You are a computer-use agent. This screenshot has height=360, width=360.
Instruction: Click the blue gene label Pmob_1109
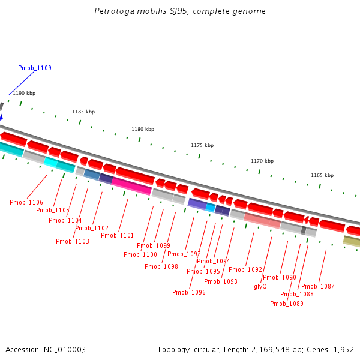point(34,68)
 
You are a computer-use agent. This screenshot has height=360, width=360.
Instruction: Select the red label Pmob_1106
point(26,202)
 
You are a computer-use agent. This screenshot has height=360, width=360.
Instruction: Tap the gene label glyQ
point(260,286)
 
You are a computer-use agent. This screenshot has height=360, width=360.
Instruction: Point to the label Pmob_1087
point(318,286)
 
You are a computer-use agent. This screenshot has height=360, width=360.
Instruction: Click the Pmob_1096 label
point(189,292)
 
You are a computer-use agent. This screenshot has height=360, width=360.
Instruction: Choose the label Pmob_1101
point(118,235)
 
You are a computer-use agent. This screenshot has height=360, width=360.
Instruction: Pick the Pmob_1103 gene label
point(73,241)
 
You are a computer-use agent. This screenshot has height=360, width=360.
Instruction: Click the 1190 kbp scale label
point(24,93)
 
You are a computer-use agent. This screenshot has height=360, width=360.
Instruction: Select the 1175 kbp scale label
point(202,145)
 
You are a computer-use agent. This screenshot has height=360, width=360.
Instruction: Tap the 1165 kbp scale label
point(322,175)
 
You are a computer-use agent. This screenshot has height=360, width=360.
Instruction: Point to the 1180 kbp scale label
point(143,129)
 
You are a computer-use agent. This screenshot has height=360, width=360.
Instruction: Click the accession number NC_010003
point(65,349)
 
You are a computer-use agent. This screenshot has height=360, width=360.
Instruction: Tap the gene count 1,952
point(343,349)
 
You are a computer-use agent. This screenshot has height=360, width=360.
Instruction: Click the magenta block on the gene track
point(131,186)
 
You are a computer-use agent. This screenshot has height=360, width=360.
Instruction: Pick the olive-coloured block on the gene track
point(352,241)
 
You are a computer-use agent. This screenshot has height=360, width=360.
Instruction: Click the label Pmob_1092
point(245,269)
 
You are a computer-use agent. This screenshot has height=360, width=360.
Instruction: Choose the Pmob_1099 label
point(154,245)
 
